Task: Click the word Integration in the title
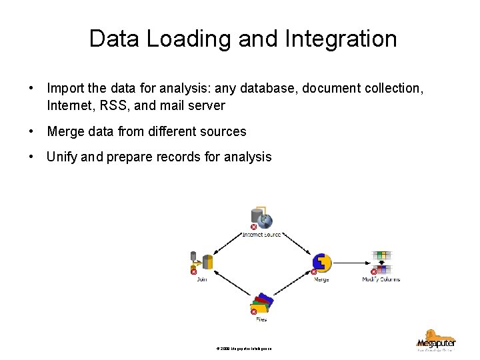(341, 39)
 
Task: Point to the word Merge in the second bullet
(65, 131)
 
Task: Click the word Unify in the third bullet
(62, 157)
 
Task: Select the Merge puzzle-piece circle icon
(322, 263)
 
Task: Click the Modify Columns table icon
(382, 262)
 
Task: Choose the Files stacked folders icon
(261, 304)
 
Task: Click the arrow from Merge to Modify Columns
(351, 263)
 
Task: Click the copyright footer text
(244, 349)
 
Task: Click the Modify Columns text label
(381, 279)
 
